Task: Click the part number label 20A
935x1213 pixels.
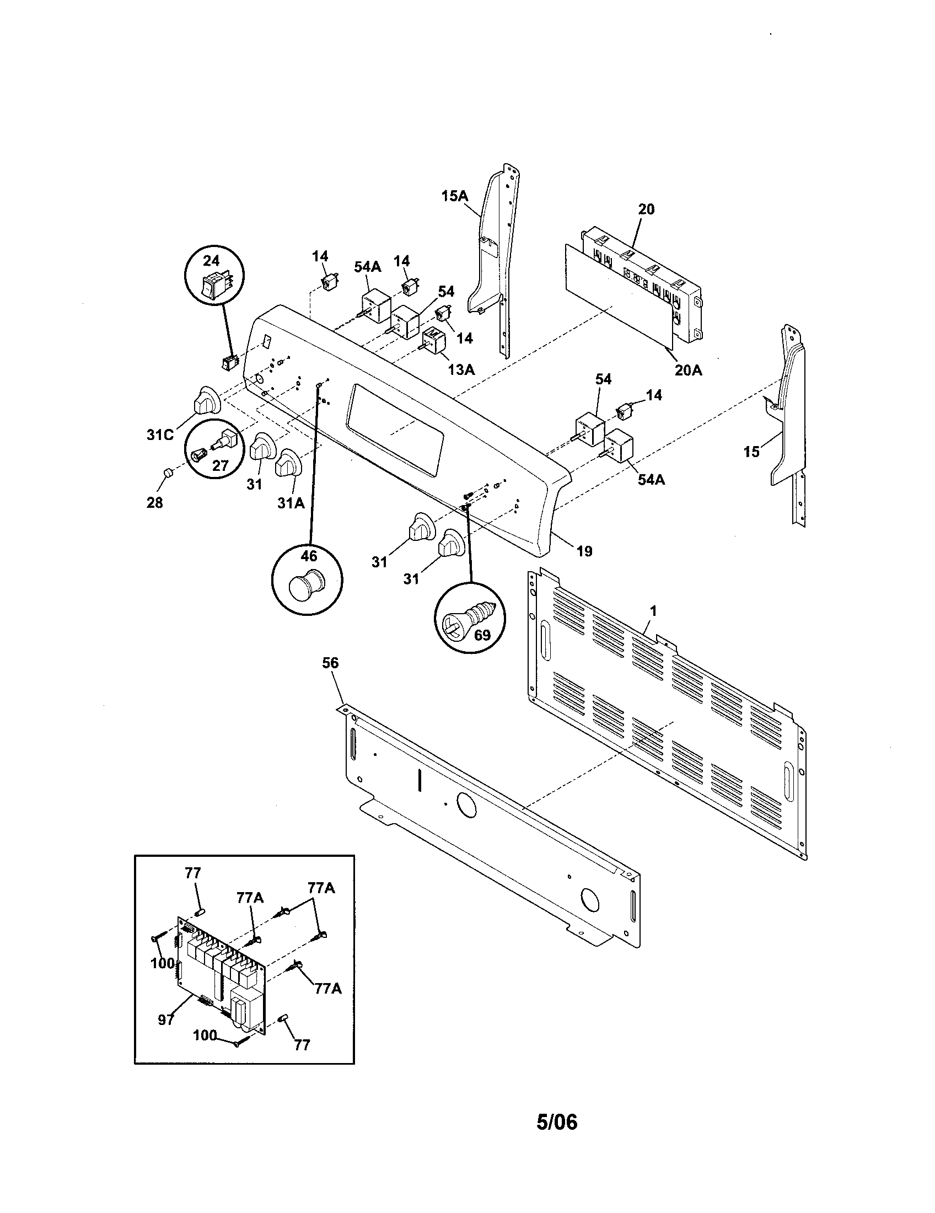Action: (688, 371)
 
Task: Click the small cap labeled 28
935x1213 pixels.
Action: (168, 473)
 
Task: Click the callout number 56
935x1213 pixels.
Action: (330, 663)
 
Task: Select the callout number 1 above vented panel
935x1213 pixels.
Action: (653, 611)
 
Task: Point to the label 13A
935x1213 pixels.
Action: (461, 369)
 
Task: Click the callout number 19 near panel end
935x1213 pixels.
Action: (585, 551)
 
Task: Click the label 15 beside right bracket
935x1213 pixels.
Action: (751, 452)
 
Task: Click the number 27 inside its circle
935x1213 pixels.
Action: (221, 465)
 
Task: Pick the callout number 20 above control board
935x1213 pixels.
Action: (646, 209)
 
